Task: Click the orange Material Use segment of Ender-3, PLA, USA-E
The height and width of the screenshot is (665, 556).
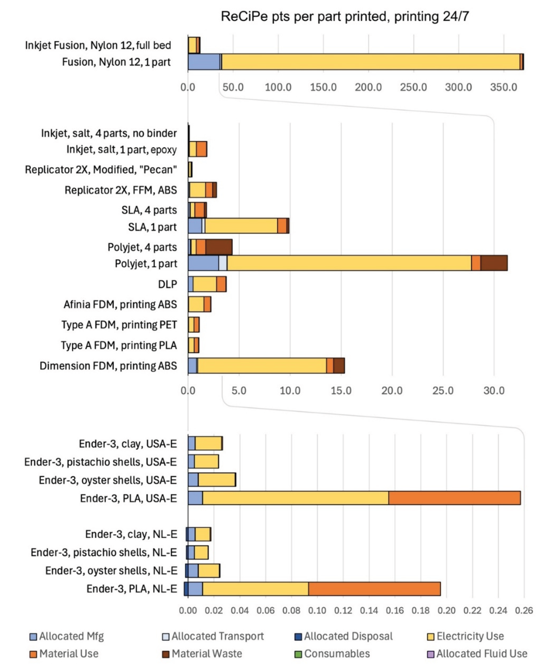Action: click(x=454, y=498)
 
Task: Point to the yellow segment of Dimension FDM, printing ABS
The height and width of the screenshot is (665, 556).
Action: click(x=262, y=366)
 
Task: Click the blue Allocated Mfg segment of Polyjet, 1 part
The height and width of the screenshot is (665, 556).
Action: click(x=203, y=263)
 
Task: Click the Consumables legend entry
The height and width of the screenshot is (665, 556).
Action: click(x=337, y=654)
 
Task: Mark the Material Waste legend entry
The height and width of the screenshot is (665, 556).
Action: click(x=207, y=654)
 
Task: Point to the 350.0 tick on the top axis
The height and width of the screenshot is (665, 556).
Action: click(x=504, y=87)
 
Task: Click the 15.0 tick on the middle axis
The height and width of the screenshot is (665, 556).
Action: click(x=341, y=391)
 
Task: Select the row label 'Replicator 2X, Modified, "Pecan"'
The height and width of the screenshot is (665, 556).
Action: click(x=101, y=170)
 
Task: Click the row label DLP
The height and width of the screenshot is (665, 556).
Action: click(x=168, y=284)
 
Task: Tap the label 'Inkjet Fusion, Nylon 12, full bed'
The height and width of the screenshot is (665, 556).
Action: click(x=98, y=45)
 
